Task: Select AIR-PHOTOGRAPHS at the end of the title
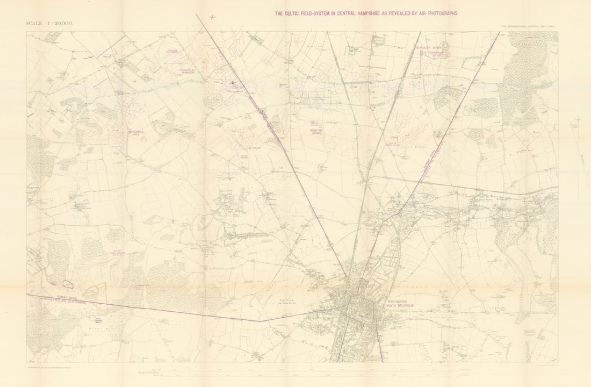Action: point(435,13)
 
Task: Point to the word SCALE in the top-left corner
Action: point(36,23)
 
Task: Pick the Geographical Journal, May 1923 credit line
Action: point(529,26)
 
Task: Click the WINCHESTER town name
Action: point(398,302)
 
